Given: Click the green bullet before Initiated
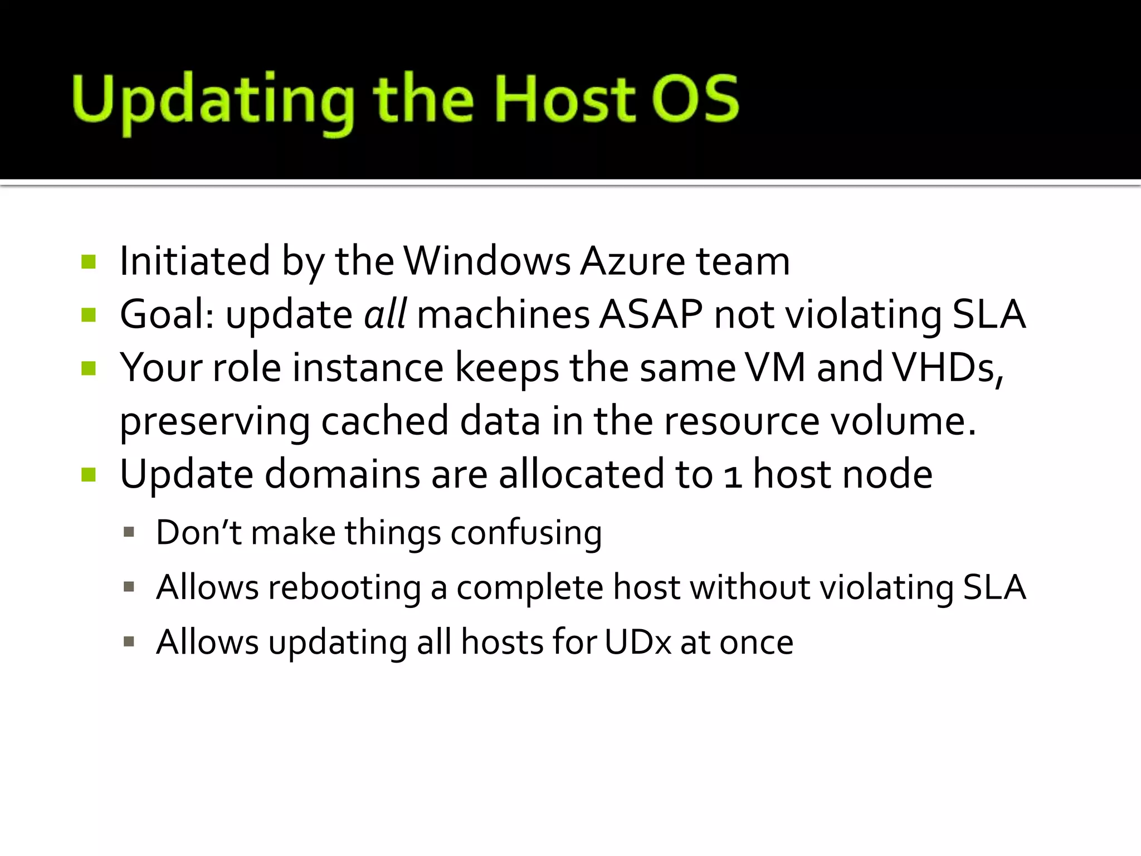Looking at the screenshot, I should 89,261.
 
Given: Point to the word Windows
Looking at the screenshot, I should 487,261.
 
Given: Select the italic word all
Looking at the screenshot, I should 385,314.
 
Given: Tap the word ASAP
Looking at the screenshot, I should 651,314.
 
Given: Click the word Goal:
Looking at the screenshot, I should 167,314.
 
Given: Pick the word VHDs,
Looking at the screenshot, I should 948,368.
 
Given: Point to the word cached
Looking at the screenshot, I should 384,421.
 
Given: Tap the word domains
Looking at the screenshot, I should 342,474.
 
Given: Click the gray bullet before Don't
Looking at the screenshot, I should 129,532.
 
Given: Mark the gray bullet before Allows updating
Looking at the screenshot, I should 129,642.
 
